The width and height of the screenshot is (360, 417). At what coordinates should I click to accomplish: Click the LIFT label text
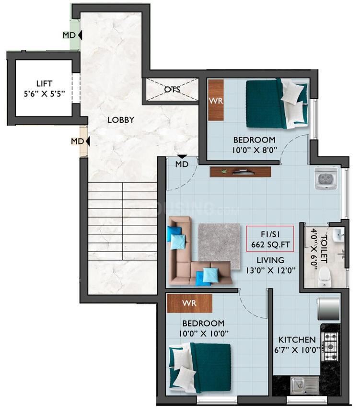coord(45,83)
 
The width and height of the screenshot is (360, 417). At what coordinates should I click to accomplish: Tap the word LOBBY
coord(121,120)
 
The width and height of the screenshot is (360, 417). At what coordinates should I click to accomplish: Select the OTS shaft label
coord(172,89)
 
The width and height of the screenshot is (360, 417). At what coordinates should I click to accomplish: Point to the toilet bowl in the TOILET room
coord(325,277)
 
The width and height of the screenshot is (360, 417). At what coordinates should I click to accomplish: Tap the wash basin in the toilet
coord(338,234)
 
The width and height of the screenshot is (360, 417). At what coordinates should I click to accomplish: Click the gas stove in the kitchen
coord(330,346)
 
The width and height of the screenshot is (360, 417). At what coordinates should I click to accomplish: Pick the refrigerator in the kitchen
coord(328,309)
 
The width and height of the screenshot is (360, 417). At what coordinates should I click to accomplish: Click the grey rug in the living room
coord(220,246)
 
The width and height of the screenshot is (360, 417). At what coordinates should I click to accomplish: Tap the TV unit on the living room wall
coord(240,172)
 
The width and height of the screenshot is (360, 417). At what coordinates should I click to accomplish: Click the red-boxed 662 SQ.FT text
coord(270,244)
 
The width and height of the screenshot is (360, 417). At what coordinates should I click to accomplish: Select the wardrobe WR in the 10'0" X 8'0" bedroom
coord(216,100)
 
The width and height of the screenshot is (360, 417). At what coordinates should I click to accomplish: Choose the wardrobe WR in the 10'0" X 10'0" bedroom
coord(189,303)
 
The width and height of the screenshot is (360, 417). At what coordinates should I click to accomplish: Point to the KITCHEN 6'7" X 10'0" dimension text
coord(297,345)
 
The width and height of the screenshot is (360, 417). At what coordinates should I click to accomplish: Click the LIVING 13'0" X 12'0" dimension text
coord(270,265)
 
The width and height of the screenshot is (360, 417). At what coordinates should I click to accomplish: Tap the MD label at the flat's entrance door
coord(182,164)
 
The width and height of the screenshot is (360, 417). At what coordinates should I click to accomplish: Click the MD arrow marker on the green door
coord(80,35)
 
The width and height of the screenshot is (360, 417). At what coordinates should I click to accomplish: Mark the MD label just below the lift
coord(77,141)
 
